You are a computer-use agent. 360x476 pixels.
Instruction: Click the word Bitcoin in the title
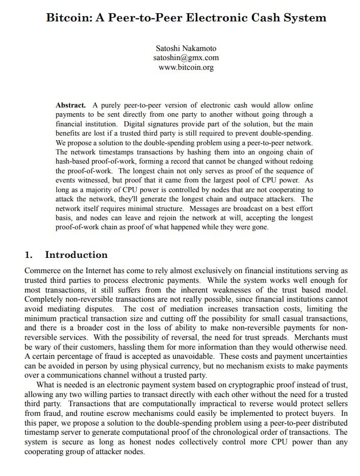tap(68, 18)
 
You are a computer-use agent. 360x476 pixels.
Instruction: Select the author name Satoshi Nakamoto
tap(186, 48)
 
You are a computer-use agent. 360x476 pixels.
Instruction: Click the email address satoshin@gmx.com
tap(186, 58)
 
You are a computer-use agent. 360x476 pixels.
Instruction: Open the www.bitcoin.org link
tap(186, 67)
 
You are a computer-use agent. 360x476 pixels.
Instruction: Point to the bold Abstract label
tap(70, 105)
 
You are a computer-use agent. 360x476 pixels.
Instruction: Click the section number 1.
tap(29, 255)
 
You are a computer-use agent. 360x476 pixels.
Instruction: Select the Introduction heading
tap(76, 255)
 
